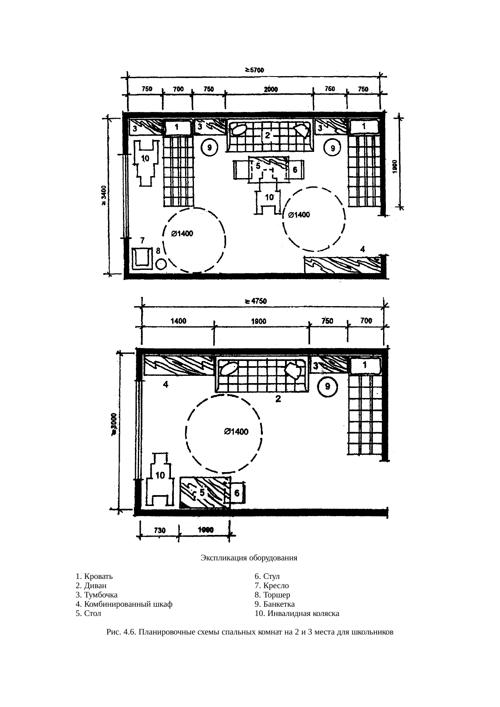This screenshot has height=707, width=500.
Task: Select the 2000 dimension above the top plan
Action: click(x=270, y=89)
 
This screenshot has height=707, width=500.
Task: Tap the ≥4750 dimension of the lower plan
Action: click(x=255, y=301)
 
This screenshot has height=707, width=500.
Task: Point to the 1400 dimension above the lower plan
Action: click(x=179, y=321)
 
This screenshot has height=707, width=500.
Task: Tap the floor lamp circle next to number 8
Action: click(x=161, y=265)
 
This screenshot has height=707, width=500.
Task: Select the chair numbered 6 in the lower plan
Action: click(x=237, y=492)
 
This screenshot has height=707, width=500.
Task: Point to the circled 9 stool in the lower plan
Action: click(x=328, y=387)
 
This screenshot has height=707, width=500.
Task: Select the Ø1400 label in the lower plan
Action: click(x=236, y=432)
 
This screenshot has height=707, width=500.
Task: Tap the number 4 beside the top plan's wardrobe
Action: click(x=362, y=249)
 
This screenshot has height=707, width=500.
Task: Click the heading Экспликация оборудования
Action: click(x=249, y=558)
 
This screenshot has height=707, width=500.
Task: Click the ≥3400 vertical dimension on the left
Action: click(x=104, y=195)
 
